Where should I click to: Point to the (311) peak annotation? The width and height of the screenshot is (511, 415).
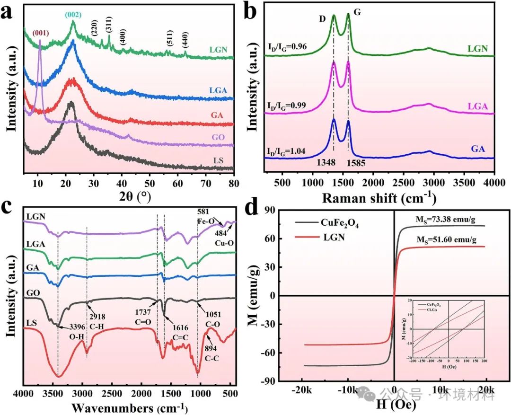[x=109, y=27]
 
